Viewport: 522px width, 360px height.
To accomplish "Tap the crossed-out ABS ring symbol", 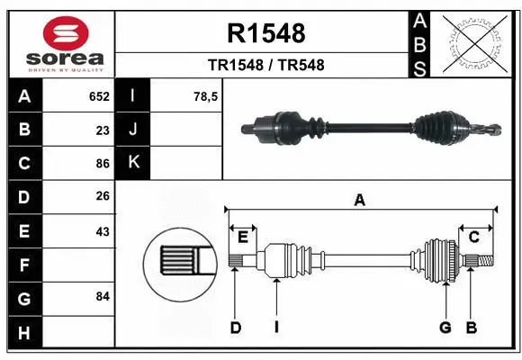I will (475, 42).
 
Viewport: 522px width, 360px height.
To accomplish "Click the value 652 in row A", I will (99, 96).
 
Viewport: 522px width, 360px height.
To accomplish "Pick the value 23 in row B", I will (103, 130).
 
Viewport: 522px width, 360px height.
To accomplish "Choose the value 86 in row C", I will (103, 164).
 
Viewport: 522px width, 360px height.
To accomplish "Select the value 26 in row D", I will (103, 196).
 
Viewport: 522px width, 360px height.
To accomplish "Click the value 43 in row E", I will (103, 231).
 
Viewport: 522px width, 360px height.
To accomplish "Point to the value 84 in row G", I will (103, 296).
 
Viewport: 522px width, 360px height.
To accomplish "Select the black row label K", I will (133, 162).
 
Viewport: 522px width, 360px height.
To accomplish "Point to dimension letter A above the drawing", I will (359, 201).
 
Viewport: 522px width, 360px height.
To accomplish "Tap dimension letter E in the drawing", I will (242, 236).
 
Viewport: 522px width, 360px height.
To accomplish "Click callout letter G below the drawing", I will (445, 328).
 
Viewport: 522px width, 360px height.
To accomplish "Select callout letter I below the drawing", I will (277, 328).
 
